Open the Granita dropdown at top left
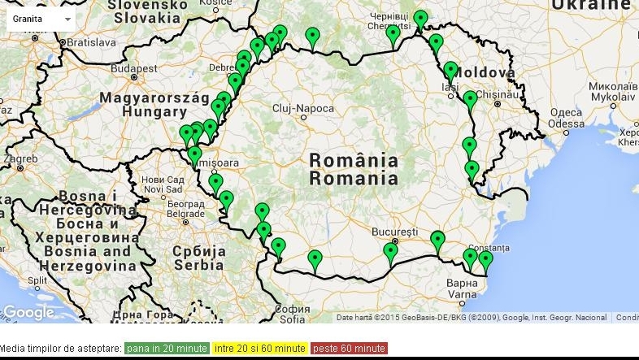(41, 18)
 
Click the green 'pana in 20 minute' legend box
(166, 349)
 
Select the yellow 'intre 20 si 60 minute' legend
(259, 349)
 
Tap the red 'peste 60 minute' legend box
(349, 349)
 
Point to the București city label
(394, 232)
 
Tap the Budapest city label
(134, 69)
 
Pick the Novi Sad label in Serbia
(163, 189)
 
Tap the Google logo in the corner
(28, 313)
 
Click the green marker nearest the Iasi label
(450, 71)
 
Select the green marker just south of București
(391, 252)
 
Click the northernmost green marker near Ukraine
(419, 18)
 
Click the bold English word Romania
(354, 178)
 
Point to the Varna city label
(461, 293)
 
